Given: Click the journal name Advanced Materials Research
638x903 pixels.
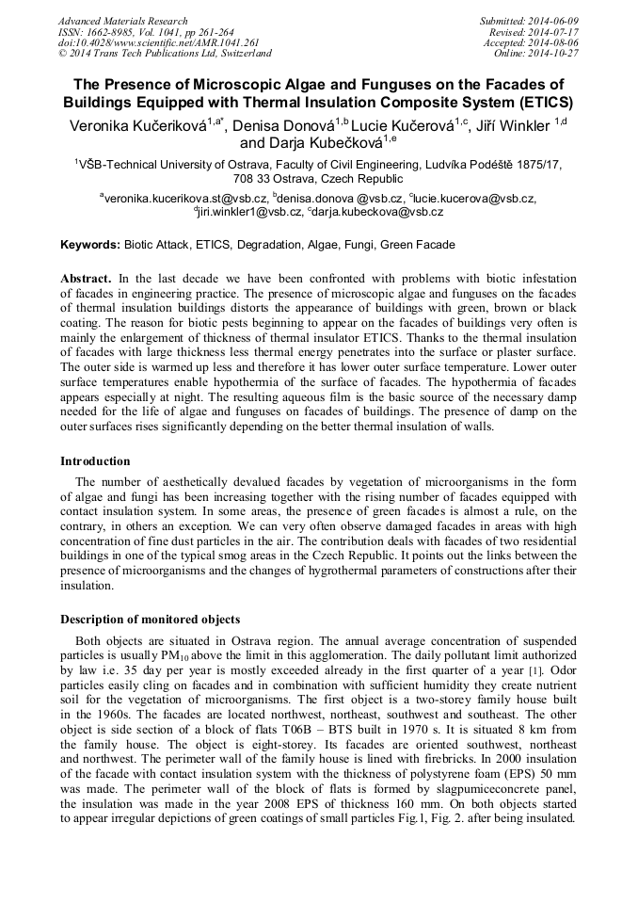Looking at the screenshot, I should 122,21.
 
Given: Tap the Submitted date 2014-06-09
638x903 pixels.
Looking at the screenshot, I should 549,21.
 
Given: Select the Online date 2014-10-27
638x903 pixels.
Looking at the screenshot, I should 554,54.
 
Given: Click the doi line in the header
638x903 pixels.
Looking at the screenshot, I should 158,42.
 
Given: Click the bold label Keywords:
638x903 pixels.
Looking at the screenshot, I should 91,245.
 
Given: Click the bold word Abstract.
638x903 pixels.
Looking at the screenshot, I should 86,279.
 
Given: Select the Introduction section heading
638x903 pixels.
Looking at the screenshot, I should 95,461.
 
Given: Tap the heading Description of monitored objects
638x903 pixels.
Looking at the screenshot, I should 150,620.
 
